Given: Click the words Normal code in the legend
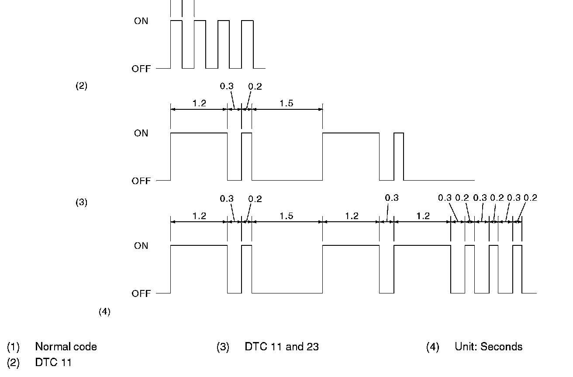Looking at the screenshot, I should tap(66, 347).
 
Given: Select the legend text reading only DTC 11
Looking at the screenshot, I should tap(53, 363).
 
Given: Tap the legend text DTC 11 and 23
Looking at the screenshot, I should tap(282, 347).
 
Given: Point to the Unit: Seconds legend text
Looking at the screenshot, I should tap(488, 347).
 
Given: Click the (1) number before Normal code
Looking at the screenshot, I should tap(13, 347).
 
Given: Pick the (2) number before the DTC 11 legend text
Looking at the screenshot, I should tap(13, 363).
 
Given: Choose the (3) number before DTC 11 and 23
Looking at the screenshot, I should tap(223, 347).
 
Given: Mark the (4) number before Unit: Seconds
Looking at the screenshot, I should tap(432, 347).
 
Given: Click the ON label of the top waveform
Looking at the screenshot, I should tap(141, 21).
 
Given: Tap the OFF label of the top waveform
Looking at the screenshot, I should tap(141, 69).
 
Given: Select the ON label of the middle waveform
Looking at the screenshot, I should tap(141, 133).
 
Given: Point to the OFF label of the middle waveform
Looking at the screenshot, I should tap(141, 181).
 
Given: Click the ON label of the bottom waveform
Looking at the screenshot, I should tap(141, 246).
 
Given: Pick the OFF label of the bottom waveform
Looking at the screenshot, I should tap(141, 293).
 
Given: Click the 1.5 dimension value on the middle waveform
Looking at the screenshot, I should tap(286, 103).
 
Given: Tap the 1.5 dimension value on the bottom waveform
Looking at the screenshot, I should tap(286, 216).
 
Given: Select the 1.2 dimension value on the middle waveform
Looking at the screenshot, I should tap(199, 103).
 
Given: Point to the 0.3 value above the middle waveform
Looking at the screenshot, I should tap(227, 86).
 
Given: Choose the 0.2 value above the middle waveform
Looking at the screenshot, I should tap(255, 86).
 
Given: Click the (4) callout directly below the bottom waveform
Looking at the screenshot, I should tap(104, 312).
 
